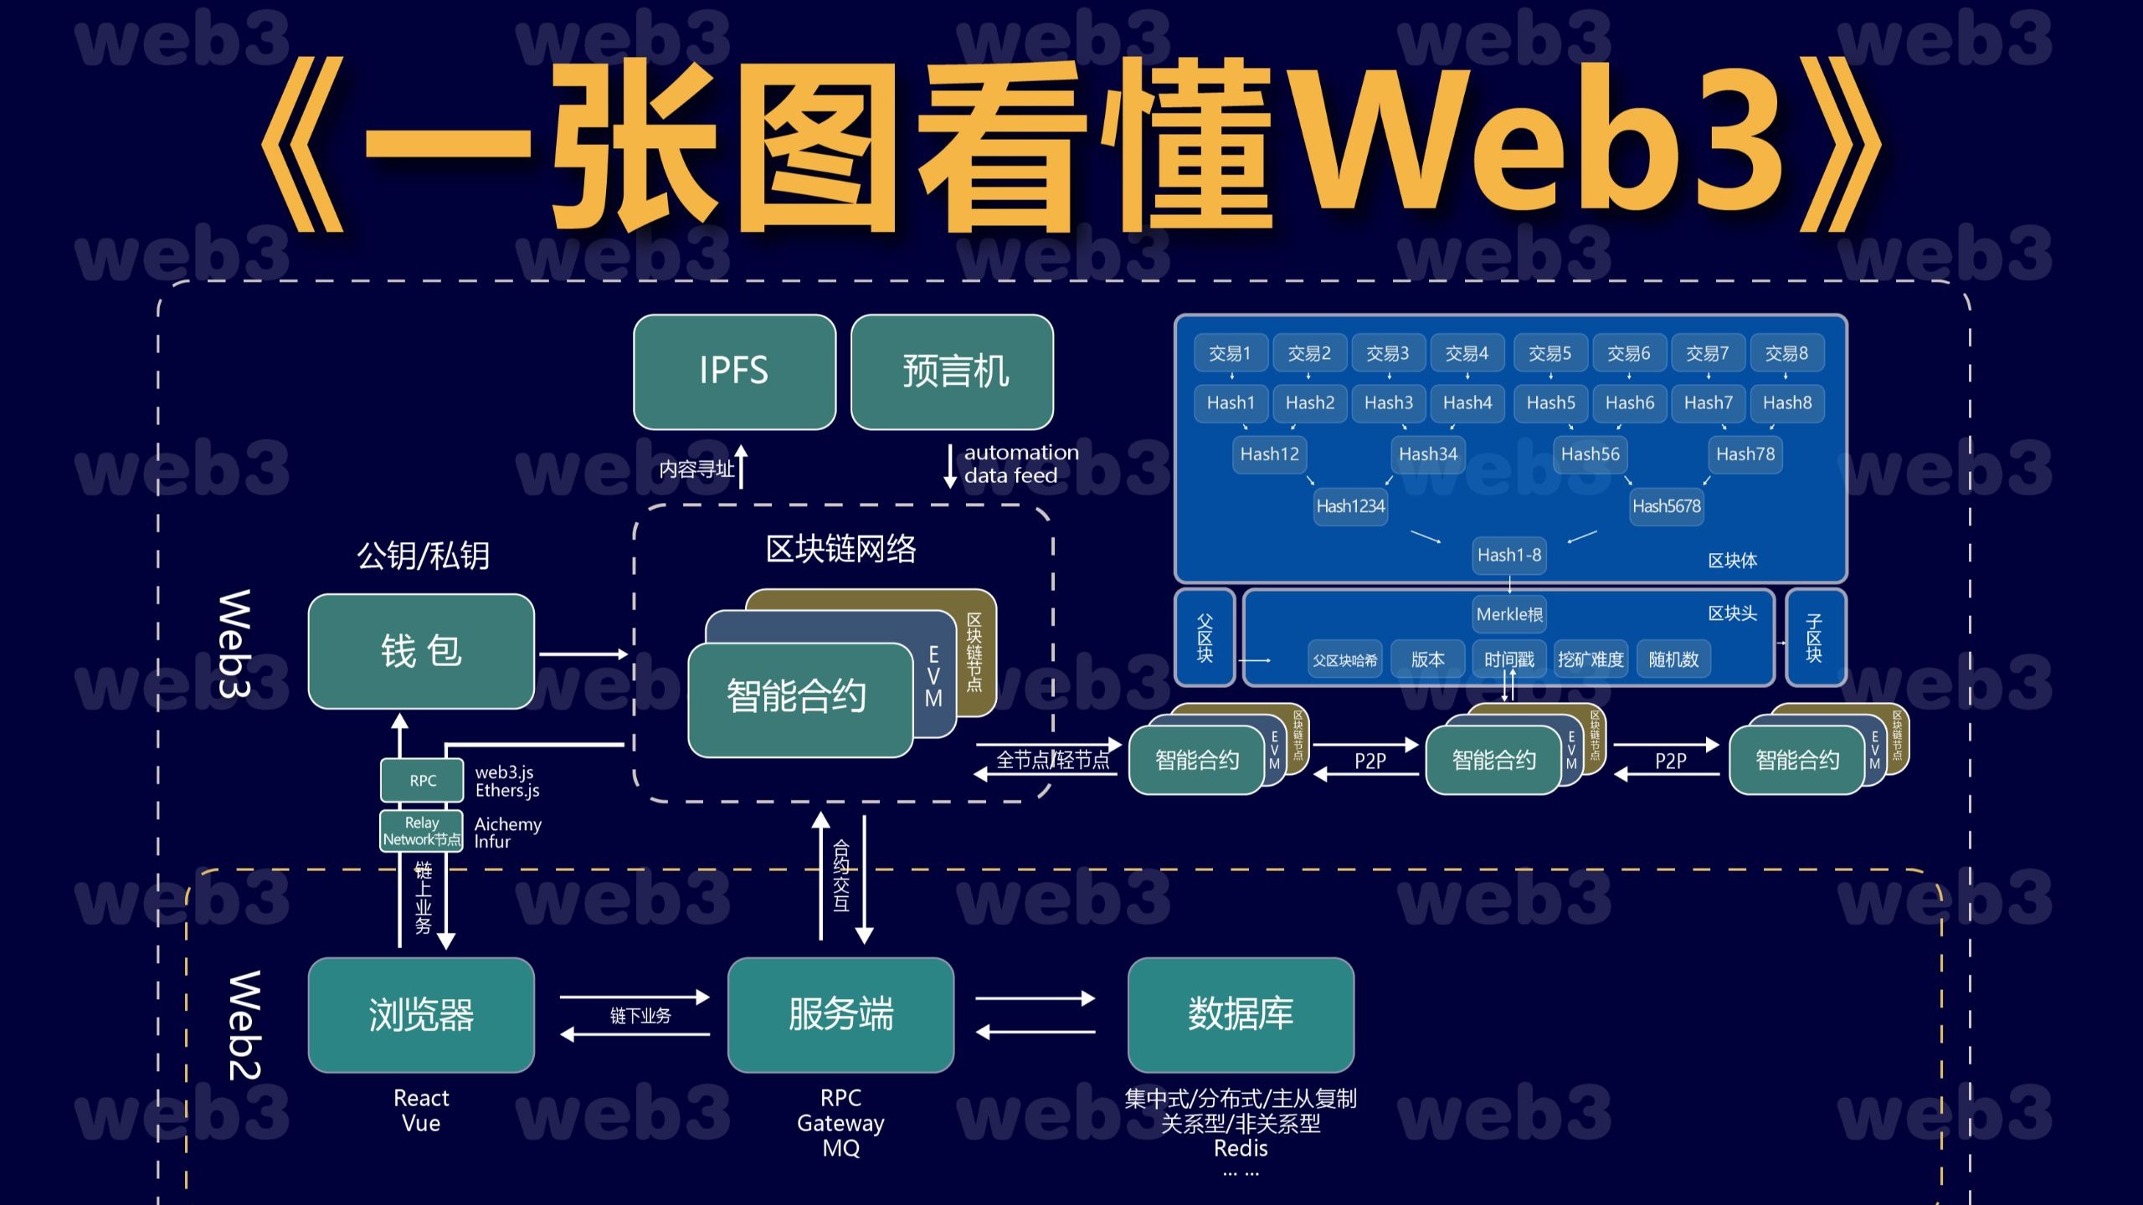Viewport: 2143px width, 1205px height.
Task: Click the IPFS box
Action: tap(734, 372)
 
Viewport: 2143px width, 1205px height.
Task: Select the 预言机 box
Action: tap(952, 372)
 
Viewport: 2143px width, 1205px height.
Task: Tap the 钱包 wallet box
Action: tap(421, 651)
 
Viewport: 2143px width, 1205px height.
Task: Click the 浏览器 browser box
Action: tap(421, 1014)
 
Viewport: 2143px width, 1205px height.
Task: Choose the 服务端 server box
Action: tap(840, 1014)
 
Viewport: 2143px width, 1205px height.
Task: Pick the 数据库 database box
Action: tap(1241, 1014)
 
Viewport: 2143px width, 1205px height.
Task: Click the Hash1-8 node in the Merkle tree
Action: tap(1508, 555)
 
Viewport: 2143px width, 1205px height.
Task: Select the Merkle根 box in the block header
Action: tap(1508, 614)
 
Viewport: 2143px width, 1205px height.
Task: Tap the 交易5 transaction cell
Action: tap(1549, 353)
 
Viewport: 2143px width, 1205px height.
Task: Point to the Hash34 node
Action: tap(1428, 454)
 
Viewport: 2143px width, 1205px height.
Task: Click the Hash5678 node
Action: tap(1666, 506)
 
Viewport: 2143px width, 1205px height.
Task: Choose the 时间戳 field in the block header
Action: tap(1508, 659)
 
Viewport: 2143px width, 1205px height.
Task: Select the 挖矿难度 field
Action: tap(1590, 659)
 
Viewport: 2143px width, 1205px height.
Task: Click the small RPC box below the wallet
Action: tap(422, 780)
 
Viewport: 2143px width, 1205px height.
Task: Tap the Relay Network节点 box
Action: tap(422, 831)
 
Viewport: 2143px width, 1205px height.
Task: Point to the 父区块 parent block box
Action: tap(1205, 638)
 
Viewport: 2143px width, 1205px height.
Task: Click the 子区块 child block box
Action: tap(1814, 638)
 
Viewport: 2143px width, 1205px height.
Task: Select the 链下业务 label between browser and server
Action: tap(640, 1016)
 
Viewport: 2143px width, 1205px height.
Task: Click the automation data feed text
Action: tap(1020, 464)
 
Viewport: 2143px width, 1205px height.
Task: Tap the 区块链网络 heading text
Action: tap(840, 549)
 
